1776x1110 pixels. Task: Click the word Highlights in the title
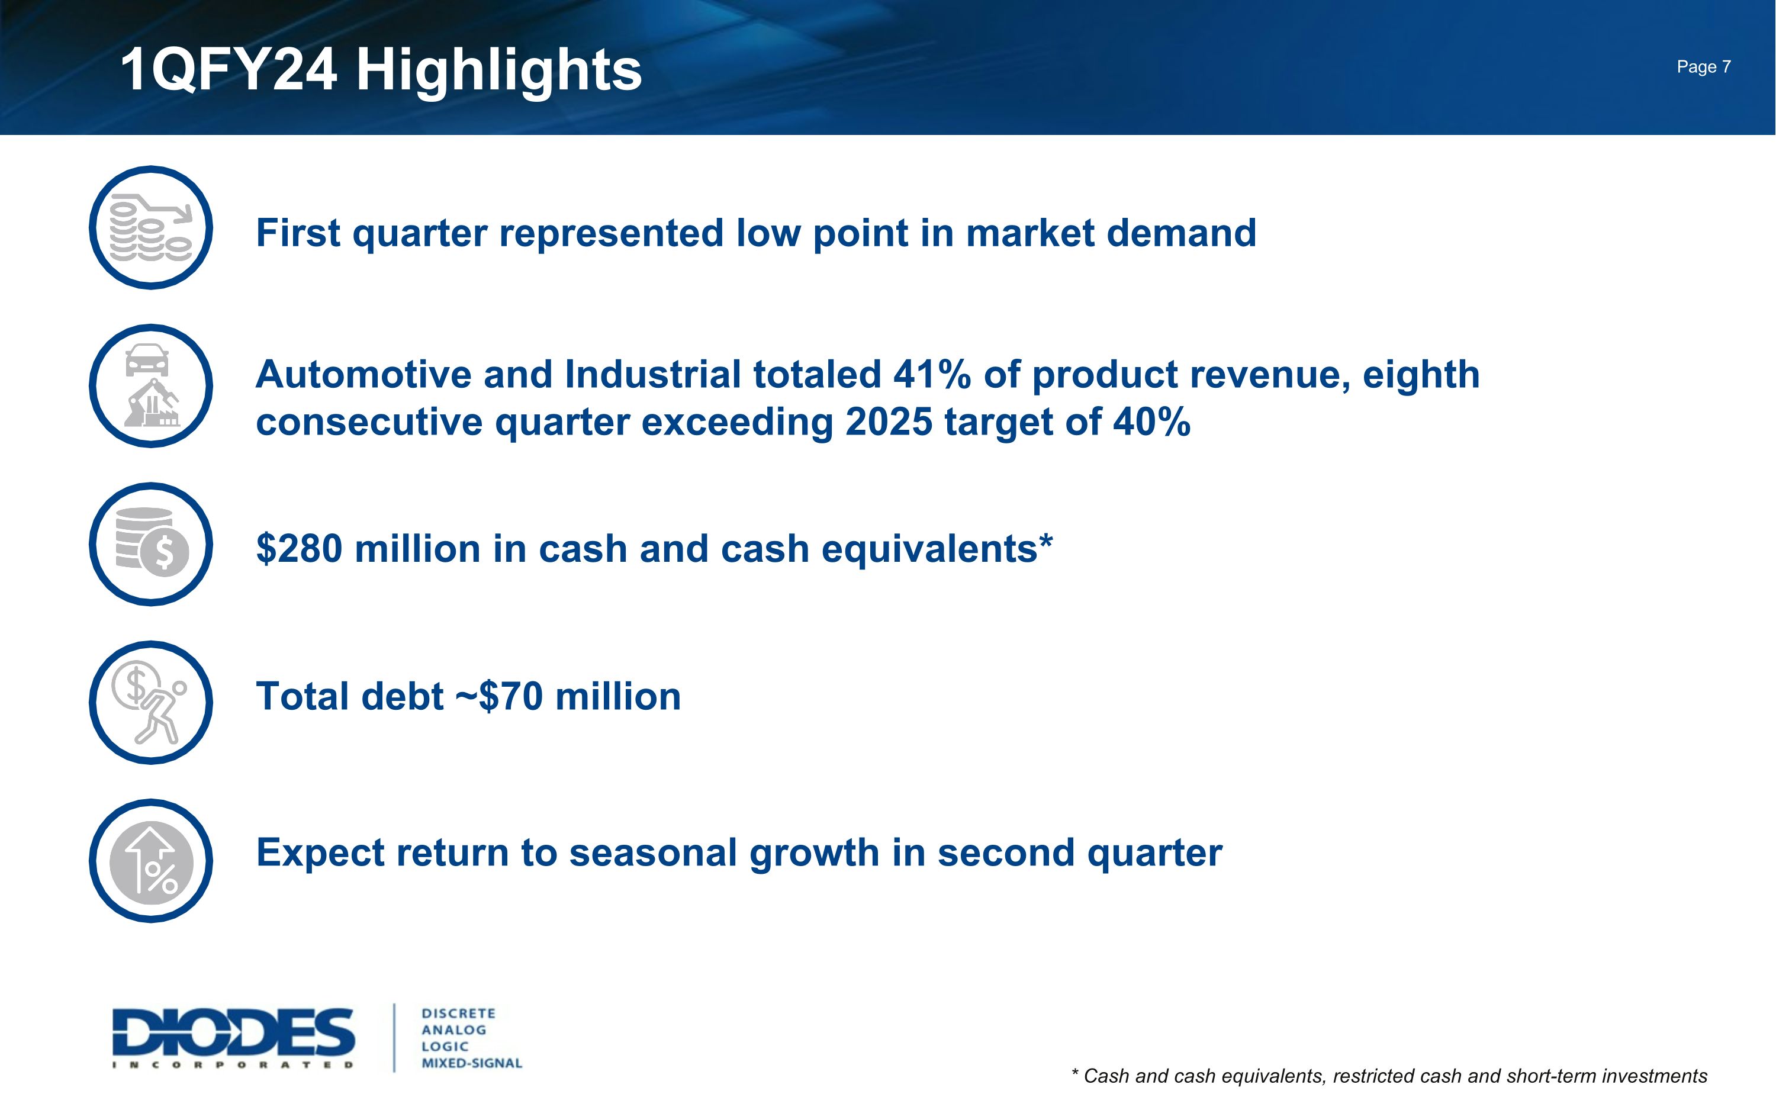[499, 71]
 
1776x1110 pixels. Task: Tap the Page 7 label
[1703, 67]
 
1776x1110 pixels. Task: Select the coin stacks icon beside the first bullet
[150, 227]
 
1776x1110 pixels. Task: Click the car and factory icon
[150, 385]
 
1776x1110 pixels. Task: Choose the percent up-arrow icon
[150, 860]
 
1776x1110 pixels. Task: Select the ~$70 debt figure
[499, 696]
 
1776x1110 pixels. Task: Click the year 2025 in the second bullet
[889, 422]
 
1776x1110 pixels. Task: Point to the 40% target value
[1151, 422]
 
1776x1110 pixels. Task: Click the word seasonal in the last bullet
[653, 853]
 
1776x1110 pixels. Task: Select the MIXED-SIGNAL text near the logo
[471, 1063]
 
